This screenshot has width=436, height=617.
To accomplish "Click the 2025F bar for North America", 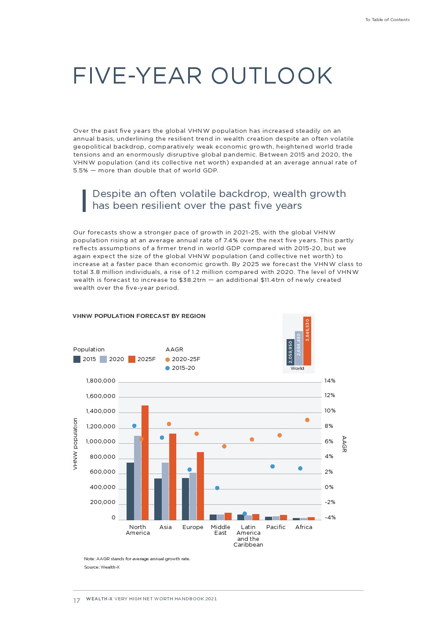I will click(145, 462).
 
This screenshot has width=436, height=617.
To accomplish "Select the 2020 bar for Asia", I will click(165, 490).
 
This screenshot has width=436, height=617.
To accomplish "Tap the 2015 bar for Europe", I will click(185, 498).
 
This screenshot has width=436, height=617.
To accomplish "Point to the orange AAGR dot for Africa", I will click(307, 420).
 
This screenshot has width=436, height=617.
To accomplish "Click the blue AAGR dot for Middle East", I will click(217, 488).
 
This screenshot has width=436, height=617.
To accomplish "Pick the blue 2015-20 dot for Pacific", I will click(272, 466).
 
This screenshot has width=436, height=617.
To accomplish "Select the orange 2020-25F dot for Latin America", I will click(252, 439).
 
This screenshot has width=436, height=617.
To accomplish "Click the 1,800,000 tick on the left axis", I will click(101, 381).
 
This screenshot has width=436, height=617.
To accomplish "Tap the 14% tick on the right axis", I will click(330, 381).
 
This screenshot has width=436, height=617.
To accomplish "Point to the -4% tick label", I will click(330, 518).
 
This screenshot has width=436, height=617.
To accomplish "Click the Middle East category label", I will click(220, 530).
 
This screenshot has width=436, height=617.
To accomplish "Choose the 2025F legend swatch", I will click(132, 359).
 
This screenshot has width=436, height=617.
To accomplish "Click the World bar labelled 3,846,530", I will click(307, 341).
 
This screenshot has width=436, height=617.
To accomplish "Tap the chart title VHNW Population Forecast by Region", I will click(139, 316).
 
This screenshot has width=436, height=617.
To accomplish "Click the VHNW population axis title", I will click(75, 444).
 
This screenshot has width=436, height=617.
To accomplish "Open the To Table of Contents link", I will click(387, 20).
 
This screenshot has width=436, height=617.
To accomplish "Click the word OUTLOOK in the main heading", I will click(272, 76).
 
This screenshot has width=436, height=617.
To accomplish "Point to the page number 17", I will click(76, 601).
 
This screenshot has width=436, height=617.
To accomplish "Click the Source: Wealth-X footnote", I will click(102, 567).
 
